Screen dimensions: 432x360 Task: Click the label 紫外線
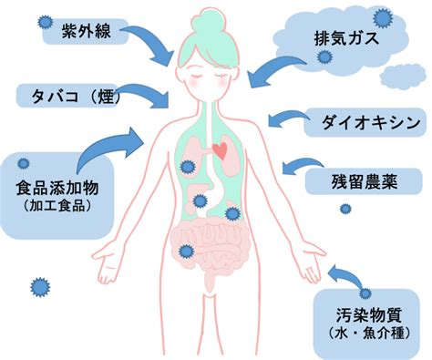tap(87, 31)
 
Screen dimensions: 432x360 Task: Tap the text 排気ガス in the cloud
tap(346, 39)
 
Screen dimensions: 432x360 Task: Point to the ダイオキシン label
tap(371, 122)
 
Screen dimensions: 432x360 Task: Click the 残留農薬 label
tap(365, 181)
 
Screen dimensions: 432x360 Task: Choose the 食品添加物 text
tap(57, 188)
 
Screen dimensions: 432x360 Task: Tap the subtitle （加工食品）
tap(57, 206)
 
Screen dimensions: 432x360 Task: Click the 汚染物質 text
tap(369, 314)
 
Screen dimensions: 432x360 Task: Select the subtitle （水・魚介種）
tap(369, 334)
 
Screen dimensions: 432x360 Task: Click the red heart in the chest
tap(220, 150)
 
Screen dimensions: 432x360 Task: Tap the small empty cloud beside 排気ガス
tap(403, 76)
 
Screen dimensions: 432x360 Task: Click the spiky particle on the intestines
tap(185, 251)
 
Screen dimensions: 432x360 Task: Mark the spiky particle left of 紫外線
tap(46, 22)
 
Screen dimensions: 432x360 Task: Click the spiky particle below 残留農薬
tap(345, 209)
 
